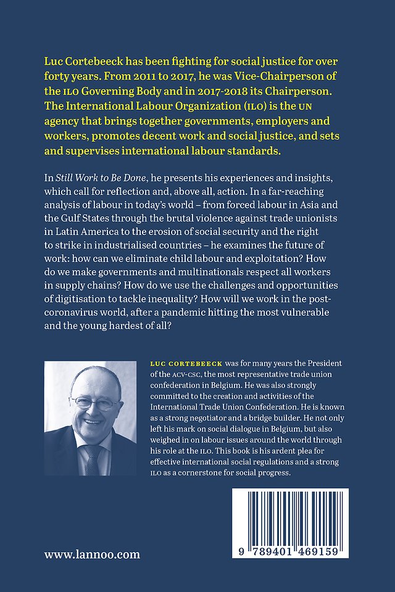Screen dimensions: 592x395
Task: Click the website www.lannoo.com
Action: pyautogui.click(x=92, y=554)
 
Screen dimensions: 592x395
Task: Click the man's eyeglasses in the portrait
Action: pyautogui.click(x=94, y=403)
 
